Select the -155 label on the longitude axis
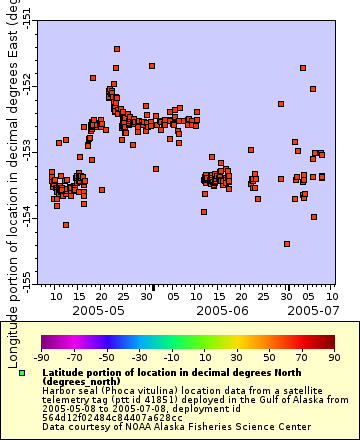(26, 276)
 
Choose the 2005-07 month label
(309, 311)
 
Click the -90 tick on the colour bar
(41, 356)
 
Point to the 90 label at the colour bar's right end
(332, 356)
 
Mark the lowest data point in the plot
(287, 243)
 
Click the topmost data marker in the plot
(117, 48)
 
